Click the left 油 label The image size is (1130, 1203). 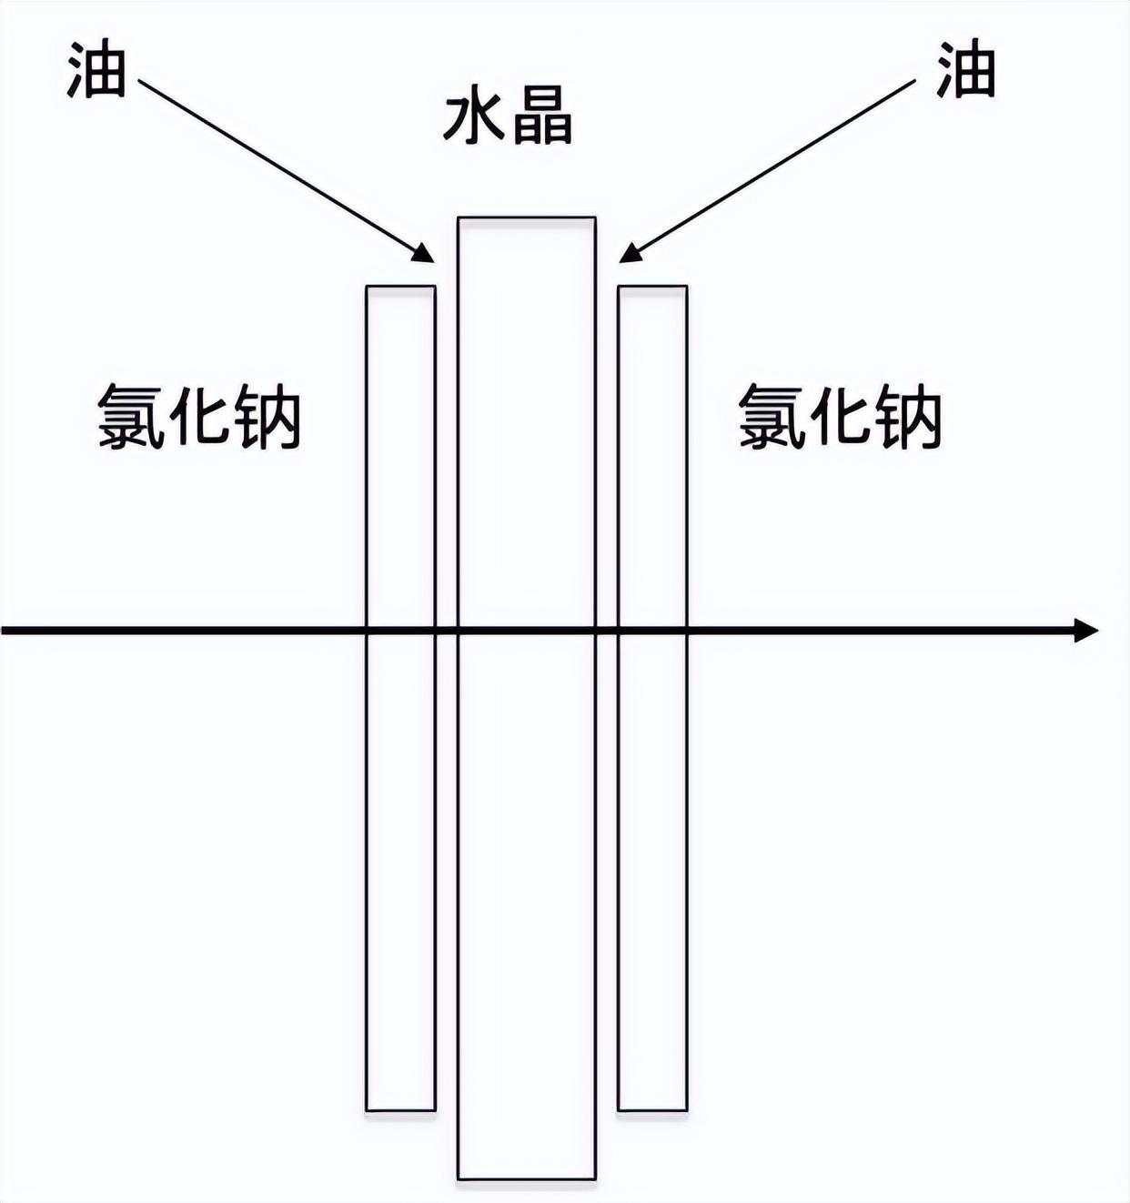(x=96, y=70)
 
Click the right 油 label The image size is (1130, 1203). (x=966, y=70)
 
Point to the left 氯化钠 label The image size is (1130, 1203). (x=199, y=418)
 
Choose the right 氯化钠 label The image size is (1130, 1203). (x=839, y=418)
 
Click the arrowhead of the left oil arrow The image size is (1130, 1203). (x=425, y=253)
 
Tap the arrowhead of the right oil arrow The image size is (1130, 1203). (x=630, y=253)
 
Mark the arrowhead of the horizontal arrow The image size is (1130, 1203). (x=1085, y=631)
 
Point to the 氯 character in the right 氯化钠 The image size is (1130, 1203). (x=770, y=418)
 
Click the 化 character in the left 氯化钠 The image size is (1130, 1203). (x=199, y=418)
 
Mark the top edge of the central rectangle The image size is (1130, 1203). (x=527, y=217)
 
